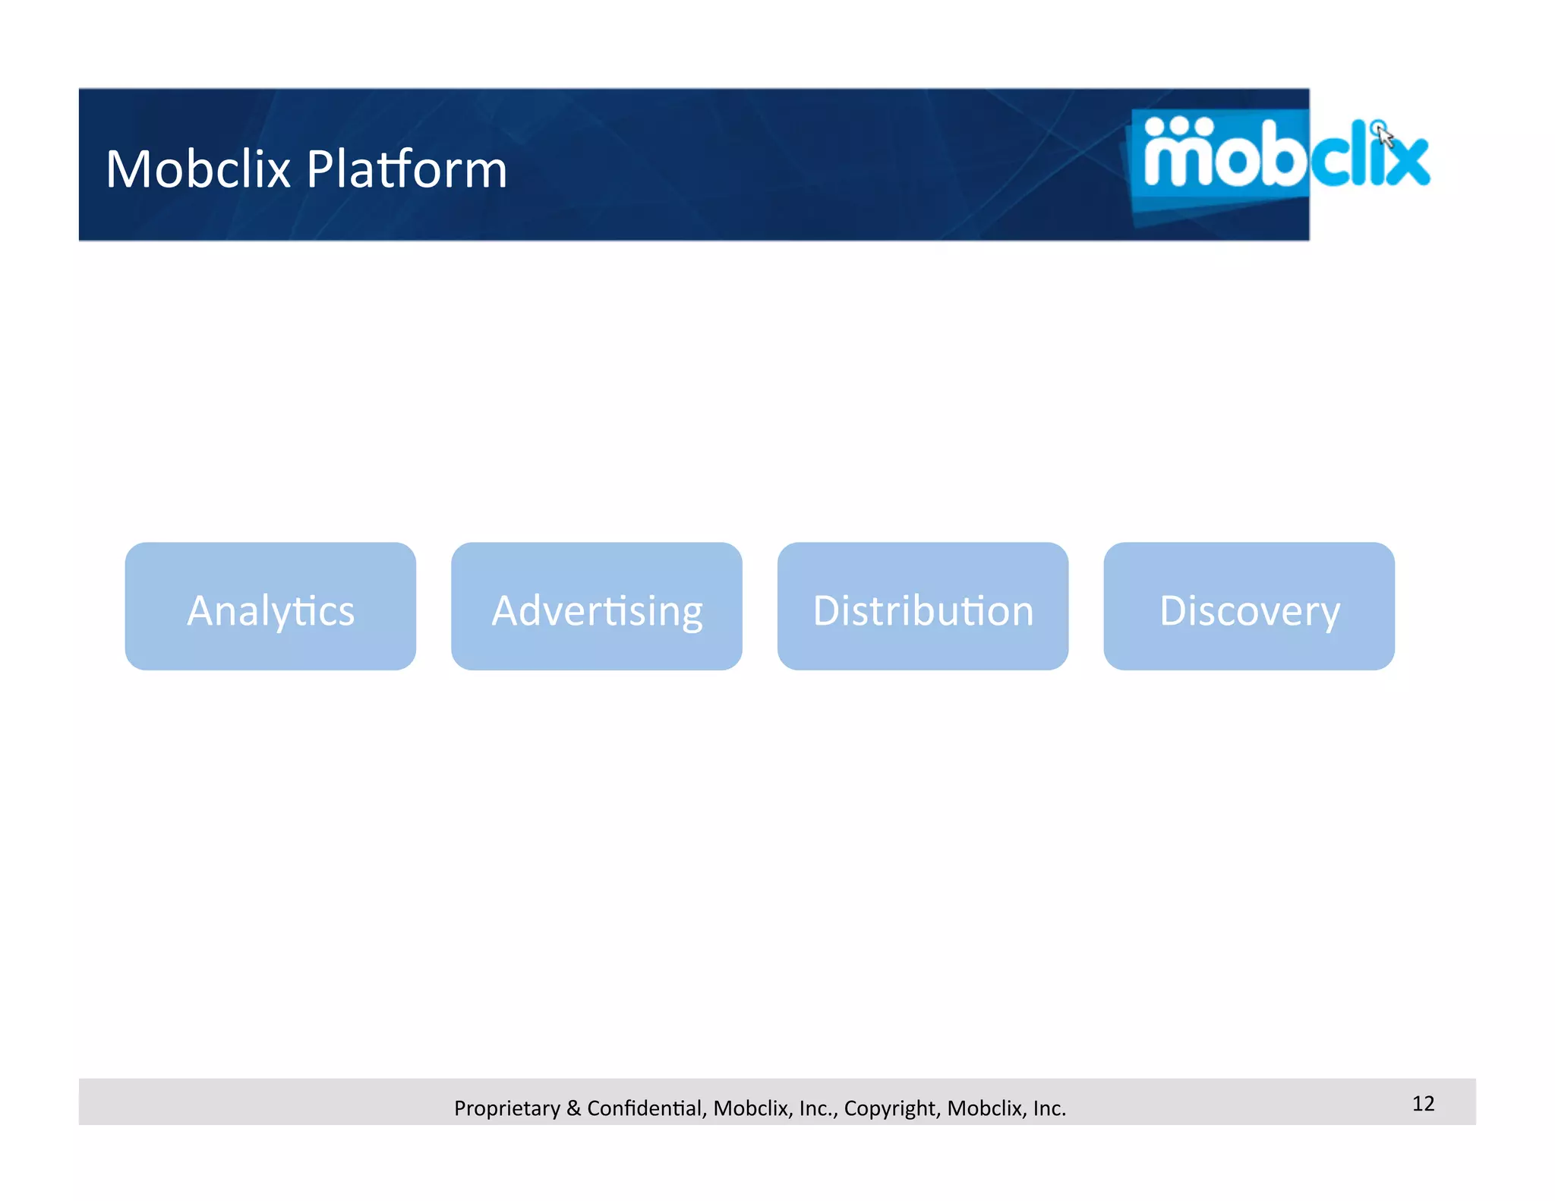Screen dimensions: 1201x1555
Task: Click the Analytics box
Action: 270,606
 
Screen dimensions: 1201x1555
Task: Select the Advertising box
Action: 596,606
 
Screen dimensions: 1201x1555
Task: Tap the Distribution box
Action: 923,606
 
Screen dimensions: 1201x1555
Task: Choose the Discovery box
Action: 1249,606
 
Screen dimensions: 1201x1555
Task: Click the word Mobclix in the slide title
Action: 198,169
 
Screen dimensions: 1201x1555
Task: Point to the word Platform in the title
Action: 407,169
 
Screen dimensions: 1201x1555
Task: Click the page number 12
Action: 1423,1103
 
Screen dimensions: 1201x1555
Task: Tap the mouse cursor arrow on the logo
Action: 1385,137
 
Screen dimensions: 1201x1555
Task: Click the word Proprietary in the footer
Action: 506,1108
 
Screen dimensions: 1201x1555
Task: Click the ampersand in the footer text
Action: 573,1108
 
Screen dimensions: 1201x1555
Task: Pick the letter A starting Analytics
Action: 200,610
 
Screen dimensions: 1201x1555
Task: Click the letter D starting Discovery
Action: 1174,610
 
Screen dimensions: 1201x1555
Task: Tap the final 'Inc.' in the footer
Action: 1049,1108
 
